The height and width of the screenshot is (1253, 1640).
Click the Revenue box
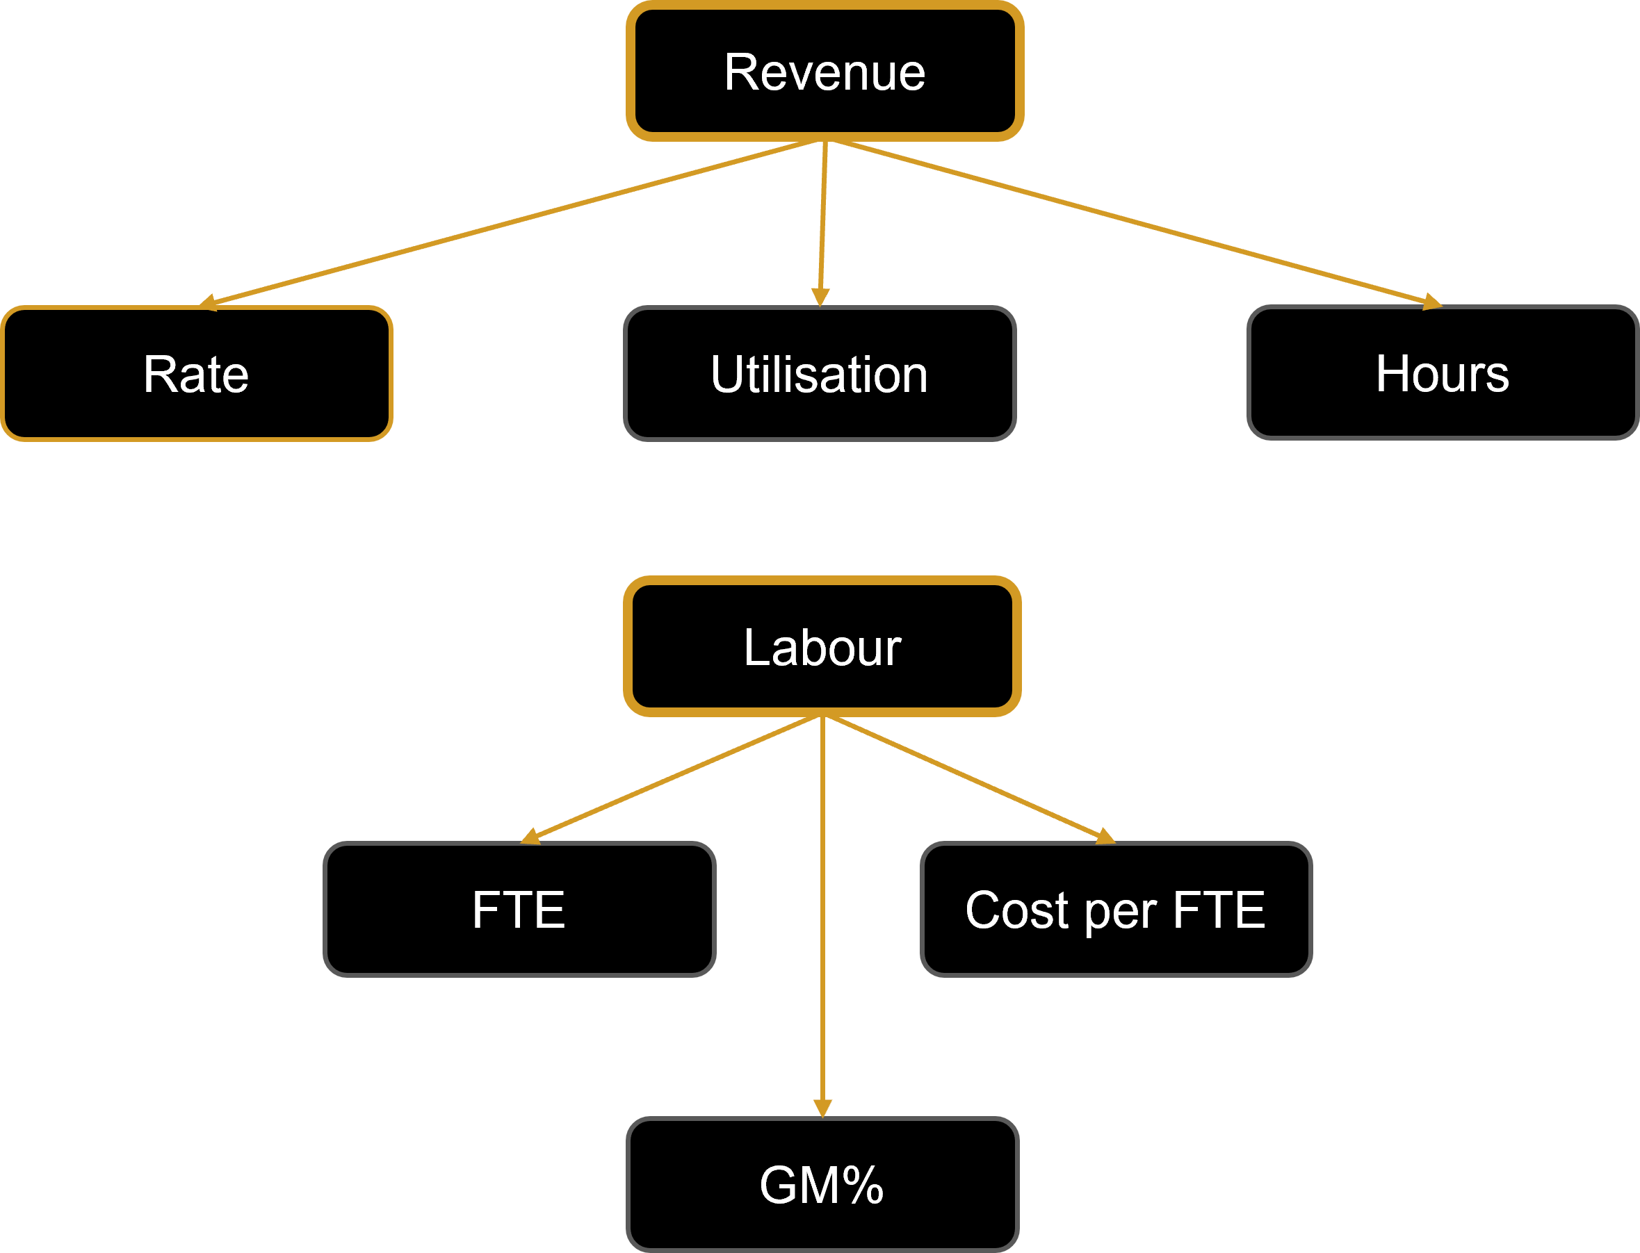pyautogui.click(x=825, y=72)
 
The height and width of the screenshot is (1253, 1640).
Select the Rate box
pyautogui.click(x=197, y=373)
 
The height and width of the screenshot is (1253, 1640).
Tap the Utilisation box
pyautogui.click(x=819, y=373)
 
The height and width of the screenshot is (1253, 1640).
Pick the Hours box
pyautogui.click(x=1442, y=372)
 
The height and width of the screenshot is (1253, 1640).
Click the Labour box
pyautogui.click(x=822, y=646)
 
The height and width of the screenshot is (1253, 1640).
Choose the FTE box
pyautogui.click(x=519, y=909)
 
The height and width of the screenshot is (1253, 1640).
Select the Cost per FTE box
pyautogui.click(x=1116, y=909)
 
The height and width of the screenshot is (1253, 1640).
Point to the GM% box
pyautogui.click(x=822, y=1184)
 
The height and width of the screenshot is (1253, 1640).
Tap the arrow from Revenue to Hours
pyautogui.click(x=1134, y=222)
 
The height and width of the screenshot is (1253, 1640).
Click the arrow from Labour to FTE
pyautogui.click(x=675, y=777)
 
